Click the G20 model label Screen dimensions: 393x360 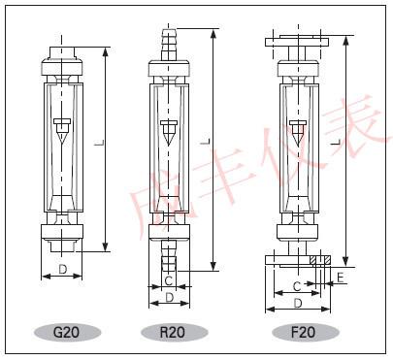(x=66, y=332)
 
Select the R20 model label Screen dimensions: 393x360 (x=173, y=332)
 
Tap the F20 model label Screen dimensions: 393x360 (x=303, y=332)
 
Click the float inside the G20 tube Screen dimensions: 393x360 (x=62, y=131)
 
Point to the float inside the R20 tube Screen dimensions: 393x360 (x=168, y=133)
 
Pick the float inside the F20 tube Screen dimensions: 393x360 (x=298, y=133)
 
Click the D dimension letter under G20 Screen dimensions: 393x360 (x=63, y=269)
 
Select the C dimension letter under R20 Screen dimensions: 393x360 (x=169, y=281)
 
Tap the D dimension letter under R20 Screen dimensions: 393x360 (x=169, y=298)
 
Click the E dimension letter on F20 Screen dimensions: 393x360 (x=340, y=278)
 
